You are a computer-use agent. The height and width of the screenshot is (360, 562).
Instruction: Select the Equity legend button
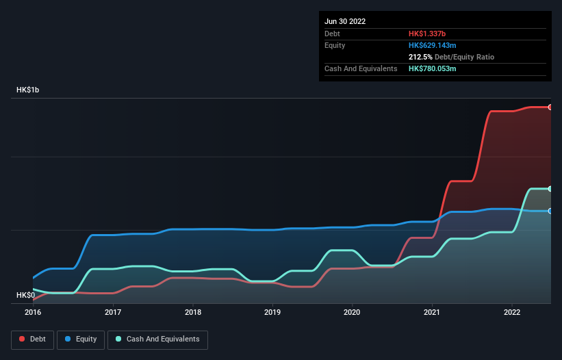tap(81, 339)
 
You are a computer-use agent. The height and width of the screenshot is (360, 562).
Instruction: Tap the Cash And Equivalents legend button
tap(157, 339)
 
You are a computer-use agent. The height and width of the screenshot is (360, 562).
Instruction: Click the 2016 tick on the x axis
tap(33, 312)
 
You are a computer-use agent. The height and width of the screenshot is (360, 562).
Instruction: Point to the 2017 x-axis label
tap(113, 312)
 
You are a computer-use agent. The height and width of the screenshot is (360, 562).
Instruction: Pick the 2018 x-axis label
tap(193, 312)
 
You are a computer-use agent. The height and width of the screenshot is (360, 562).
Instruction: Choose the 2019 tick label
tap(272, 312)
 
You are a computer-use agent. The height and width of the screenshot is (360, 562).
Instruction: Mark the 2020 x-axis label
tap(353, 312)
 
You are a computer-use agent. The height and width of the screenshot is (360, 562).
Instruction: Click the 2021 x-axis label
tap(432, 312)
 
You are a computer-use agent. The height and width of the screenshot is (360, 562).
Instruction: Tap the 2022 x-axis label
tap(512, 312)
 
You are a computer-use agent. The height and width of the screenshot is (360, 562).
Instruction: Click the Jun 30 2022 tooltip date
tap(345, 21)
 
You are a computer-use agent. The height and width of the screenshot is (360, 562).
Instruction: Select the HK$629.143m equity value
tap(437, 45)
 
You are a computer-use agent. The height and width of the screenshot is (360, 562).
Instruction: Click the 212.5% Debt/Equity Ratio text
tap(451, 57)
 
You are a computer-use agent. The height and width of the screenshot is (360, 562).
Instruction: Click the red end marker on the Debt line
tap(550, 107)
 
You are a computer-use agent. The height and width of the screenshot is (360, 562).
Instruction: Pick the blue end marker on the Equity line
tap(550, 211)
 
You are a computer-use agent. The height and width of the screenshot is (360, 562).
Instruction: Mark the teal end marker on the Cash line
tap(550, 189)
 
